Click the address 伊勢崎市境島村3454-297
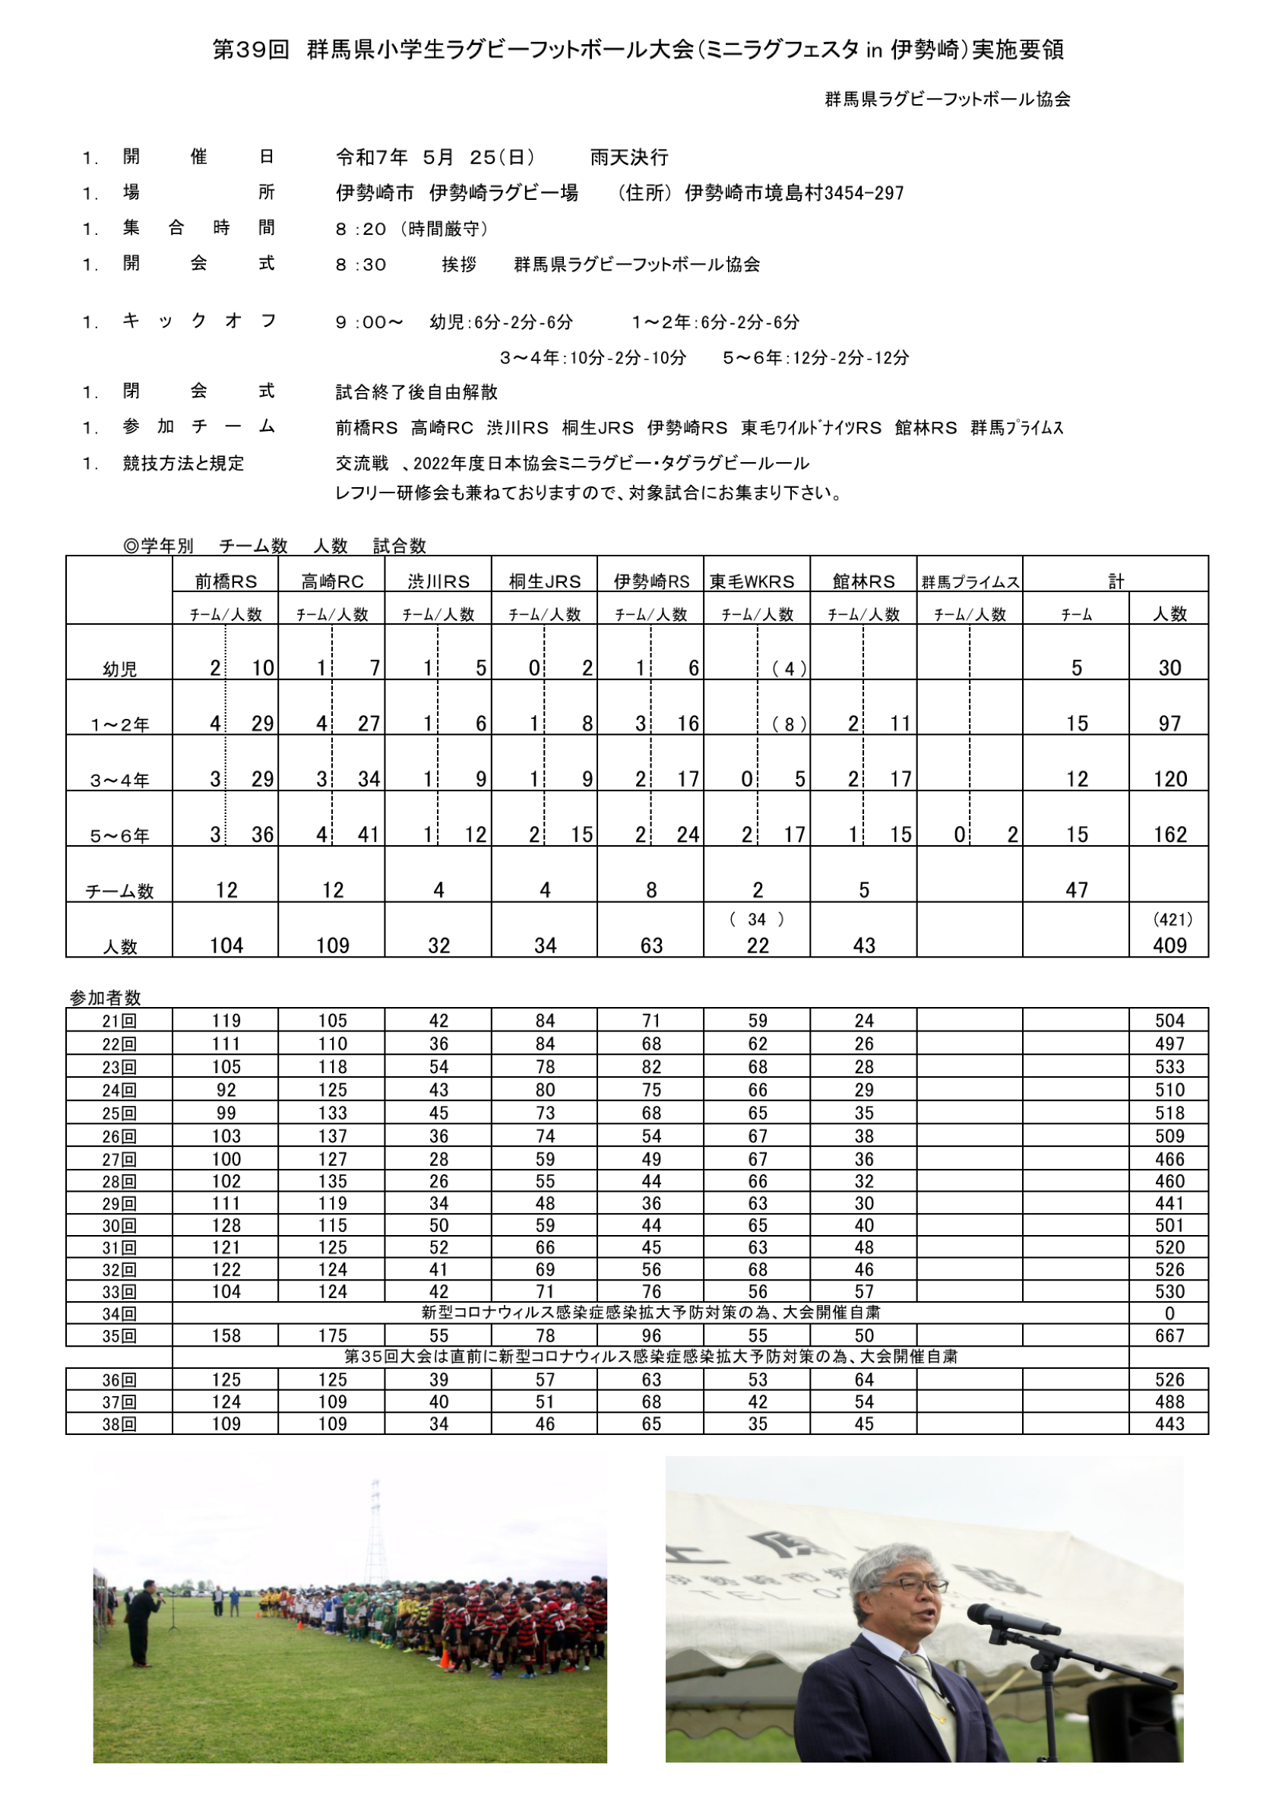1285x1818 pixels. pos(793,193)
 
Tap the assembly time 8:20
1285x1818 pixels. pos(360,230)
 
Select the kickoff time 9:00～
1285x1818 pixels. pos(369,322)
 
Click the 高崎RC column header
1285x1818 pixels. pos(332,582)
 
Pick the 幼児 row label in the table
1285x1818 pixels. pos(119,669)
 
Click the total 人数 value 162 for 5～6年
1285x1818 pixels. pos(1169,835)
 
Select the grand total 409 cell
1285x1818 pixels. pos(1169,945)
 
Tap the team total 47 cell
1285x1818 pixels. pos(1077,890)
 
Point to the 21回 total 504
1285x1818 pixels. pos(1169,1021)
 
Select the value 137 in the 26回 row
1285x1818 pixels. pos(333,1136)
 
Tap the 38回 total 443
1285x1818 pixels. pos(1169,1424)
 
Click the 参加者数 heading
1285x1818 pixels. pos(106,998)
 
